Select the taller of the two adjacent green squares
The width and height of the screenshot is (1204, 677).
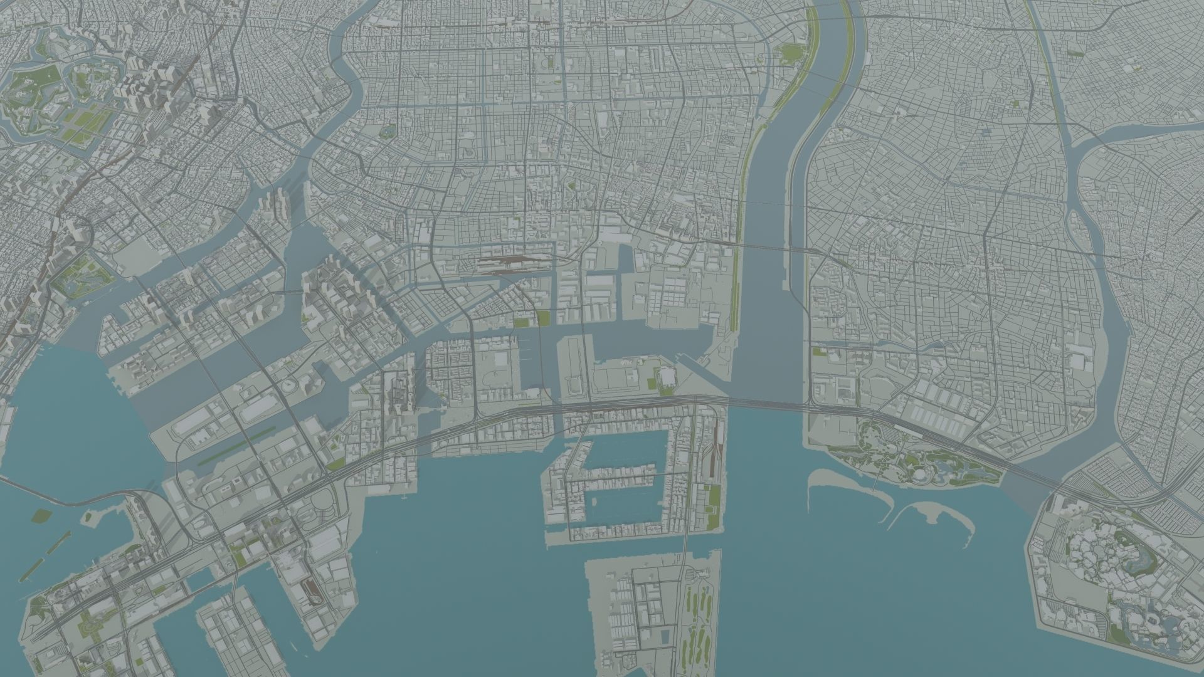click(x=541, y=318)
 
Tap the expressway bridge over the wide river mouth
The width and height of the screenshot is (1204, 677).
click(x=765, y=402)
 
